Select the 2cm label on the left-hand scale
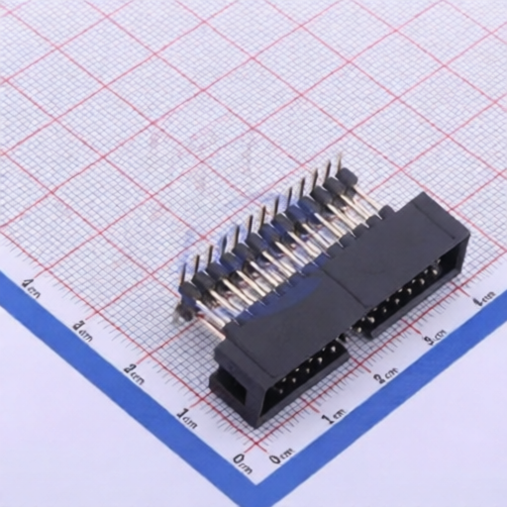(134, 372)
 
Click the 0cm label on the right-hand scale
(280, 456)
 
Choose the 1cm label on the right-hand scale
(335, 416)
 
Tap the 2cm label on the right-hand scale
(387, 377)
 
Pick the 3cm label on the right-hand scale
(436, 340)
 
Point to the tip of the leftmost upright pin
(184, 259)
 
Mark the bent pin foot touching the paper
(181, 314)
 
